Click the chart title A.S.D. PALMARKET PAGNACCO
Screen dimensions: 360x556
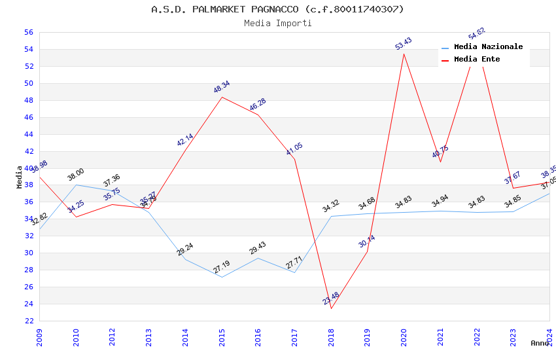[x=278, y=9]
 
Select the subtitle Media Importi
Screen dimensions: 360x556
[x=278, y=23]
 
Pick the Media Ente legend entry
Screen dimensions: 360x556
[x=477, y=59]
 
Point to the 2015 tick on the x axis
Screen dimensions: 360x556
[x=222, y=334]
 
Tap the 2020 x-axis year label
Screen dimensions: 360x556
[x=404, y=334]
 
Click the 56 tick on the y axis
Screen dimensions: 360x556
[x=29, y=32]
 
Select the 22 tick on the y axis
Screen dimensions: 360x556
[x=29, y=321]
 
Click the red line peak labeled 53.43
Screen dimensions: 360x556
[x=404, y=54]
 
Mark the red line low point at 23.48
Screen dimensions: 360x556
[x=331, y=308]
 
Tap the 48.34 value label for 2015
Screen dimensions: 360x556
[x=222, y=87]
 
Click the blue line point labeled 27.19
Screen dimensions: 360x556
[x=222, y=277]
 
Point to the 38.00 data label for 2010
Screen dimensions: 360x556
[x=76, y=174]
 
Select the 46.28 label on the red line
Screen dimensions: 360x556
[x=258, y=105]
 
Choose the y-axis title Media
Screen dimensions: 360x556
[x=19, y=177]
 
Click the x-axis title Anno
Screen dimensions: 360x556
[x=540, y=343]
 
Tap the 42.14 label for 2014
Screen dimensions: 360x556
[x=185, y=140]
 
